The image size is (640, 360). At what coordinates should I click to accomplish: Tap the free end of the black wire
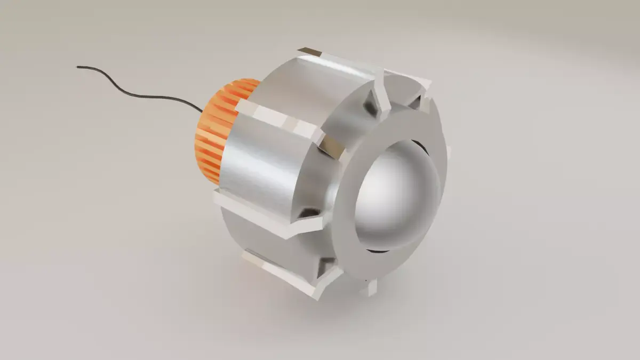pyautogui.click(x=78, y=67)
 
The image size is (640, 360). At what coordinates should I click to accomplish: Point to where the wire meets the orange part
pyautogui.click(x=202, y=111)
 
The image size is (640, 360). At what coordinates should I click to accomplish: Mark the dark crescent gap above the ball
pyautogui.click(x=421, y=147)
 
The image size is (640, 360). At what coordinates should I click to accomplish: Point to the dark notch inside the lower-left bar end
pyautogui.click(x=309, y=213)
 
